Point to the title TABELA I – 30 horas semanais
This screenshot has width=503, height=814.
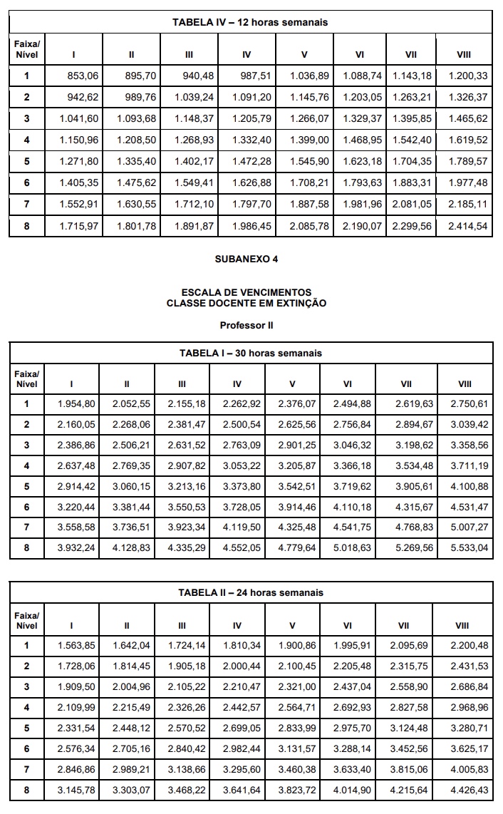coord(250,353)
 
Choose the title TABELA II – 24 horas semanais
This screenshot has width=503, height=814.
coord(250,592)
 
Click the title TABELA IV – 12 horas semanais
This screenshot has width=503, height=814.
coord(250,22)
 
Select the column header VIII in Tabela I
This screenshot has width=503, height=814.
coord(465,384)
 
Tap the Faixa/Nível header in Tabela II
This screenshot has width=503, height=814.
coord(26,620)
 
